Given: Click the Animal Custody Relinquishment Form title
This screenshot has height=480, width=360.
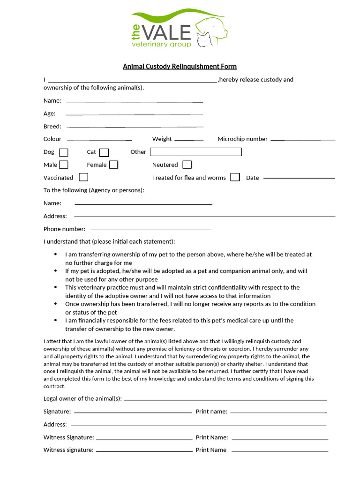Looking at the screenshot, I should [x=180, y=67].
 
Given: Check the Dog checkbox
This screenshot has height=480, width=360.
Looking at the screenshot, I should [x=64, y=152].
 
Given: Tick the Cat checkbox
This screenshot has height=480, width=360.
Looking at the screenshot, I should [x=104, y=152].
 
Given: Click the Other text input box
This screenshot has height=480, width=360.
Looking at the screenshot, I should [x=195, y=152].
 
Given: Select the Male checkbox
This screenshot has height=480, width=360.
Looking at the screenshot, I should [x=64, y=165].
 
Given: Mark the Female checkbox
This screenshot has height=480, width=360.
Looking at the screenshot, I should [x=113, y=165].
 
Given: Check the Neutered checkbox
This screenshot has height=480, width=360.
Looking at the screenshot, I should [x=187, y=165].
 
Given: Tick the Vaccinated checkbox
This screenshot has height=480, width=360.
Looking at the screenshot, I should [x=83, y=177].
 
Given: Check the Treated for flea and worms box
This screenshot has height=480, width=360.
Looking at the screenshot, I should [x=235, y=177].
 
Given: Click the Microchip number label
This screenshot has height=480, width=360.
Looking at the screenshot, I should [x=242, y=139].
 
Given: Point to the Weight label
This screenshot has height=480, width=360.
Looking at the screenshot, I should [x=162, y=139].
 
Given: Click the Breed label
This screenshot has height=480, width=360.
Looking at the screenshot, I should [x=52, y=127].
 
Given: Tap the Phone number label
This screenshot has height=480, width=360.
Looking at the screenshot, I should [x=64, y=229].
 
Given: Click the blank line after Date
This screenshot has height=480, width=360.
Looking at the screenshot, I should [x=299, y=178].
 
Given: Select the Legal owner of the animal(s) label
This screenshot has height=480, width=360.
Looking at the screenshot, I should [x=82, y=399].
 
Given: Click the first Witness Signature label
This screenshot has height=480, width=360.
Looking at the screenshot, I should [x=68, y=437].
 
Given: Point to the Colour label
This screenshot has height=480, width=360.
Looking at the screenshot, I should [x=52, y=139].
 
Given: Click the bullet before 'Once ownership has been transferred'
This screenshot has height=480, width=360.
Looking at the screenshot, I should [x=55, y=304].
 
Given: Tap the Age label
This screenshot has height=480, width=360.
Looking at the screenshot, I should [x=50, y=113].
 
